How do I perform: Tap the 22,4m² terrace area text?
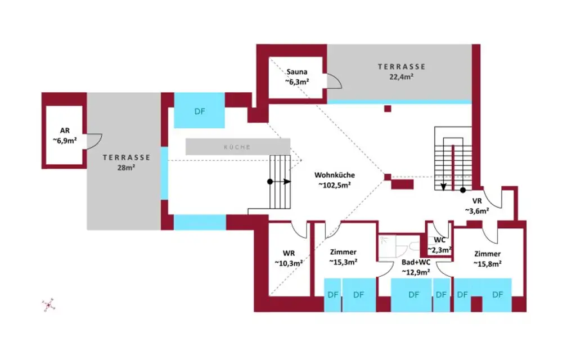[x=401, y=77]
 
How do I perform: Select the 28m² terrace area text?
[x=126, y=167]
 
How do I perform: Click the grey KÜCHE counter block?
[x=238, y=147]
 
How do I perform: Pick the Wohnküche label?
[x=335, y=175]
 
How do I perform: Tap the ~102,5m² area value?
[x=335, y=184]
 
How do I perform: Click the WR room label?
[x=289, y=253]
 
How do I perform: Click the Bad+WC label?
[x=416, y=263]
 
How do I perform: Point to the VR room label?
[x=476, y=201]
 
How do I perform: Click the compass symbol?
[x=48, y=305]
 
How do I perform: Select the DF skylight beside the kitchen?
[x=200, y=111]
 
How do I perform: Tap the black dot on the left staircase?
[x=270, y=182]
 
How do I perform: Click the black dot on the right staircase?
[x=463, y=190]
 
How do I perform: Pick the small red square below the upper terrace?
[x=387, y=109]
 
